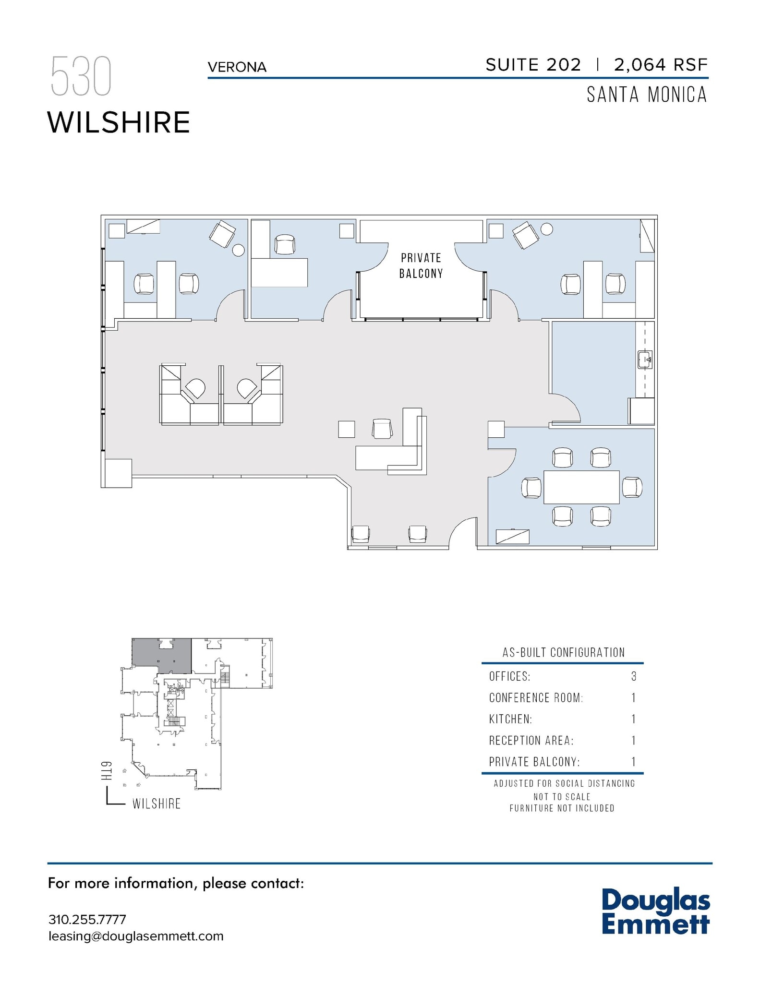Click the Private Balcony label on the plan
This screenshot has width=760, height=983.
pos(421,266)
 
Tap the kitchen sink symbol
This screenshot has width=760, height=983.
pos(645,360)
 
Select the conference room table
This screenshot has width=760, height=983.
pos(581,487)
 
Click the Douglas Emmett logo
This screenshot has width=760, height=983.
pos(655,911)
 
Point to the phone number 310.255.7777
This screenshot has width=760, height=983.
pos(87,920)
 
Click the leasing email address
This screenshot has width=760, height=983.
pos(136,936)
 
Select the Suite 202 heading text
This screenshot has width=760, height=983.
pos(533,65)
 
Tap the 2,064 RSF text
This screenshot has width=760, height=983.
pos(661,65)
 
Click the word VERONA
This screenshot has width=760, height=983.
pos(237,67)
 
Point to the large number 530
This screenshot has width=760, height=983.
pos(81,76)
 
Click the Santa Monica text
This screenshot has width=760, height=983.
pos(647,95)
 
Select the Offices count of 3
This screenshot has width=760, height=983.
pos(634,676)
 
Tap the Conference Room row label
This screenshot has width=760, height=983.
pos(536,697)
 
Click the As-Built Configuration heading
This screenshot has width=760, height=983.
pos(564,652)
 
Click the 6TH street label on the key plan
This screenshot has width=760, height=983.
pos(107,770)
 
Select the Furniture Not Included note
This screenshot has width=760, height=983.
pos(562,808)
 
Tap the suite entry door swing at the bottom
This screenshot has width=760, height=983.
pos(462,533)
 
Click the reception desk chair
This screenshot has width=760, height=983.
pos(382,428)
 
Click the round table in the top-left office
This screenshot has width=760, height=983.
pos(238,250)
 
